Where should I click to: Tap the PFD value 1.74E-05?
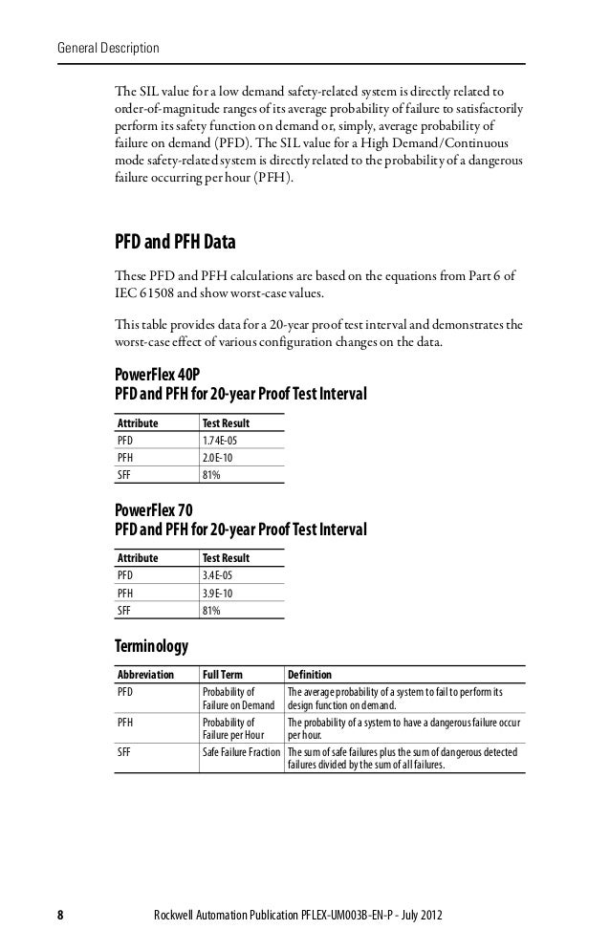(x=221, y=441)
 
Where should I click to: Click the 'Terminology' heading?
(x=151, y=646)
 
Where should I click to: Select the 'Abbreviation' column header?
(x=143, y=675)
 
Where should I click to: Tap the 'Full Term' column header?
(x=223, y=675)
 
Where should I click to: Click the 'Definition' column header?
(x=310, y=675)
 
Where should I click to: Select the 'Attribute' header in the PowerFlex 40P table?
(x=138, y=422)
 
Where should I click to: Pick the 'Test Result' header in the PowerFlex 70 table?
(x=226, y=558)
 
